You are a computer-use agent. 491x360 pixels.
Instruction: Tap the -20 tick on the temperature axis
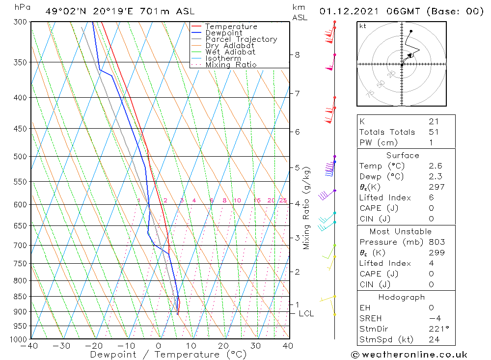click(x=94, y=346)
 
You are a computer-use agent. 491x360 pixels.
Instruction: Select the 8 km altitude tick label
click(x=297, y=55)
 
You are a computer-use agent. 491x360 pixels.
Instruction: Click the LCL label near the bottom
click(x=306, y=313)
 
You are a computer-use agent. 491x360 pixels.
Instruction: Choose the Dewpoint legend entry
click(x=223, y=33)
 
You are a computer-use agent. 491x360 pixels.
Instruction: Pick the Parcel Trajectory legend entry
click(x=241, y=39)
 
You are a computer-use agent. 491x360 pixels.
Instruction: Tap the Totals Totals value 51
click(x=434, y=132)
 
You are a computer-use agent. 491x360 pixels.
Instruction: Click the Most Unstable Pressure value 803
click(x=436, y=242)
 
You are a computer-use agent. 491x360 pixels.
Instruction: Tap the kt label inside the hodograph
click(x=362, y=26)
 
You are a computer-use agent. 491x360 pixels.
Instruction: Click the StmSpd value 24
click(x=434, y=339)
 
